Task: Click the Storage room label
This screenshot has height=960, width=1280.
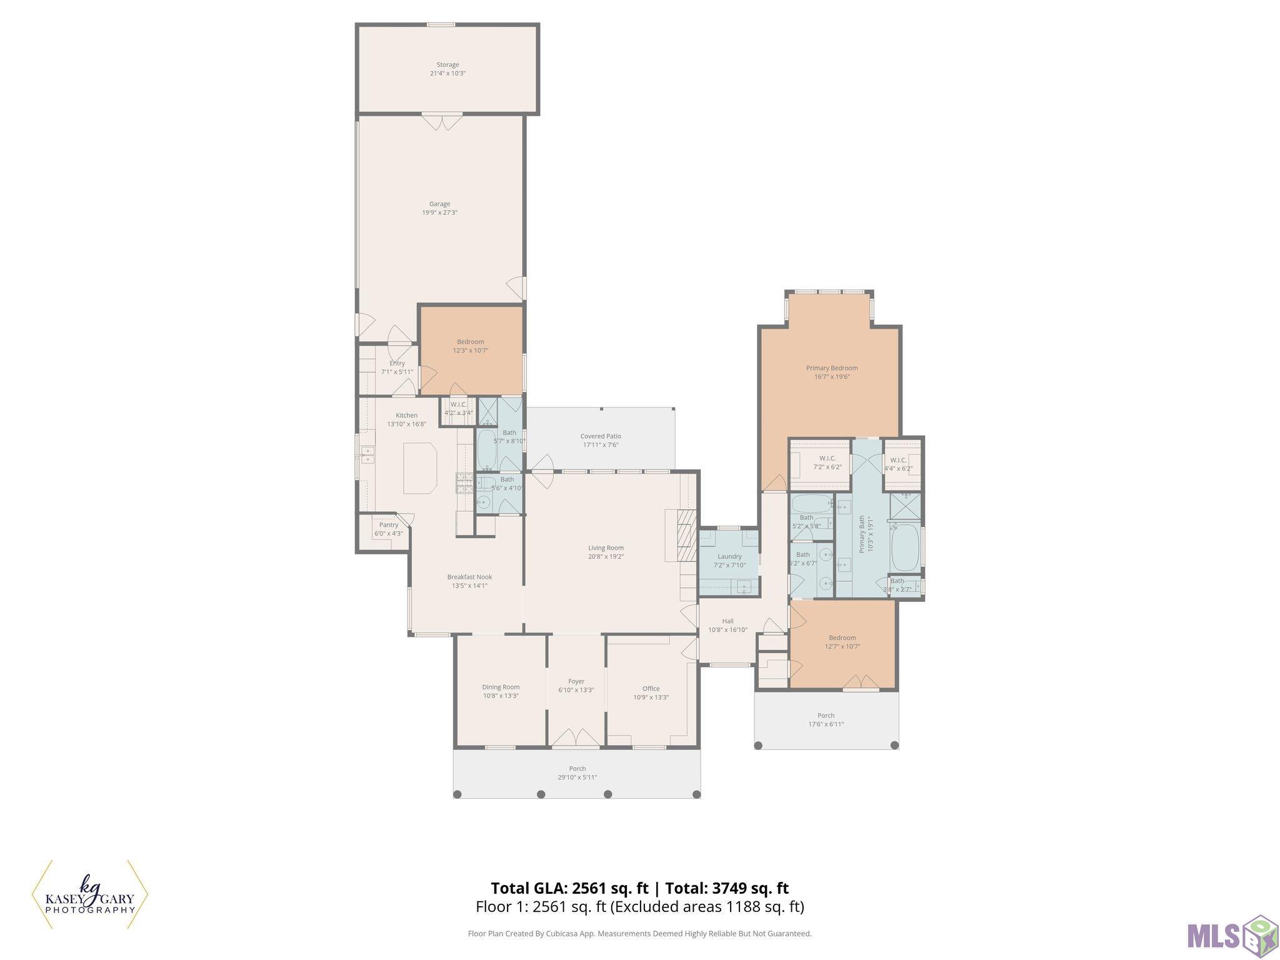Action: click(x=447, y=64)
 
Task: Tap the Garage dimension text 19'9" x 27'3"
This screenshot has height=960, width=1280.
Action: click(x=439, y=212)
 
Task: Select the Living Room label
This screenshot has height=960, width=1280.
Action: click(x=606, y=548)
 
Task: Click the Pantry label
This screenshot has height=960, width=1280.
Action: click(x=388, y=525)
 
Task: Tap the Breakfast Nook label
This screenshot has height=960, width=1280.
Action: click(x=469, y=577)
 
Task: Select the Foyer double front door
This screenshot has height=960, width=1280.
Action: click(x=576, y=737)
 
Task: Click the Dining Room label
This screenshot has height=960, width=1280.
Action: click(x=501, y=687)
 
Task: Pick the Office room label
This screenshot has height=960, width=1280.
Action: click(x=651, y=689)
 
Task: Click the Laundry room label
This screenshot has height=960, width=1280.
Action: click(x=729, y=556)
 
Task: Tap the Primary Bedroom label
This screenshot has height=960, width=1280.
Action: click(x=831, y=368)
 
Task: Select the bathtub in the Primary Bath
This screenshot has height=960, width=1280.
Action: click(x=904, y=547)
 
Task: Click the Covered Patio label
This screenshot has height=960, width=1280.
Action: click(x=601, y=436)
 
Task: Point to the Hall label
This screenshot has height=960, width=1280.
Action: click(x=727, y=621)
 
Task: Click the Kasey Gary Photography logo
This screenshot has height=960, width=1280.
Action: click(x=89, y=895)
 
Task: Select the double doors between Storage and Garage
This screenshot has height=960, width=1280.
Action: click(x=441, y=121)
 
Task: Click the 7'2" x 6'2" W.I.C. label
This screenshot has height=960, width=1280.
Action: click(x=827, y=458)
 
